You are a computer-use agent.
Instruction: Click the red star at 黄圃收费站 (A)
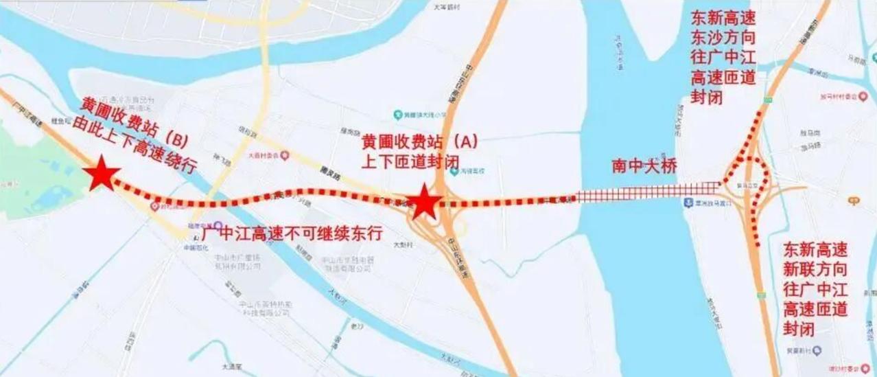[424, 202]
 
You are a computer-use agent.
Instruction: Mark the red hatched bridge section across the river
[648, 194]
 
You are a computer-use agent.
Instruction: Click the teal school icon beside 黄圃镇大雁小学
[397, 114]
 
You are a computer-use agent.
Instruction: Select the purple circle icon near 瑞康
[218, 225]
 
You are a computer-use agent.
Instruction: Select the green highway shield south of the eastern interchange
[761, 295]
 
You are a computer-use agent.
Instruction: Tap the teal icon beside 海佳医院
[454, 171]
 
